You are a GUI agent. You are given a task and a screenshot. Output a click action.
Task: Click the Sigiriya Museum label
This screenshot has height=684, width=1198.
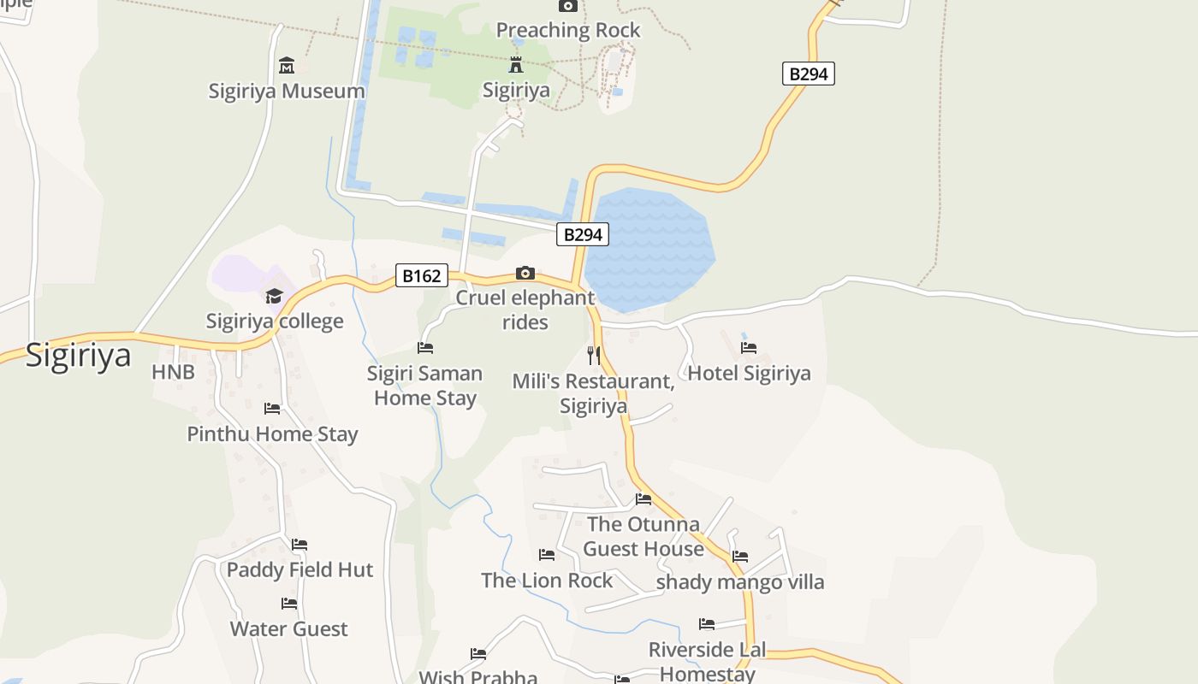click(286, 91)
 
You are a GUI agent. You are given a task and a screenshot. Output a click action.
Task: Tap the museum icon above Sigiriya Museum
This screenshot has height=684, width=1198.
click(286, 65)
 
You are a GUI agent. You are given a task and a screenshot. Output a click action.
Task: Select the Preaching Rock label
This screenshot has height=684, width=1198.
click(568, 31)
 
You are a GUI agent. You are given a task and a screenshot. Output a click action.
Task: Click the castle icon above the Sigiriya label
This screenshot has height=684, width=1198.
click(516, 64)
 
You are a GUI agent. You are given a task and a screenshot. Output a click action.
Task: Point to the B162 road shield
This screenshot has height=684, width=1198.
click(422, 275)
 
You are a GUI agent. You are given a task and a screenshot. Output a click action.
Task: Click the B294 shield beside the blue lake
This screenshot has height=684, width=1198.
click(583, 234)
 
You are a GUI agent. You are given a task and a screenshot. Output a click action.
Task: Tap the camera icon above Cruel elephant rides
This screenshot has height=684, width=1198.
click(525, 274)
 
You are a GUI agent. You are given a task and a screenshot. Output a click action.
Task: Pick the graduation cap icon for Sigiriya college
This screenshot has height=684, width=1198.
click(274, 296)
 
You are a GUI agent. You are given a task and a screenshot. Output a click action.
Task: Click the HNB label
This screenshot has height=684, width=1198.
click(173, 372)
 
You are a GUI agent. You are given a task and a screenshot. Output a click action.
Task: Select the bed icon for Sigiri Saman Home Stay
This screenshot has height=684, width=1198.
click(425, 347)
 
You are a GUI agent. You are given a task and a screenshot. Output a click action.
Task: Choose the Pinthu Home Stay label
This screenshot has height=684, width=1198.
click(272, 433)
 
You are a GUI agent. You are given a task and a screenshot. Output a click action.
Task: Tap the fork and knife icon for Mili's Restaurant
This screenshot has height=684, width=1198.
click(594, 355)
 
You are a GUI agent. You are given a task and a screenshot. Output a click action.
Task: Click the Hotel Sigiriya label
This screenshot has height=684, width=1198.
click(749, 374)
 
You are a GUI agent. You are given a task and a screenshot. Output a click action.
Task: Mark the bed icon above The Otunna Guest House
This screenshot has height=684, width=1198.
click(643, 498)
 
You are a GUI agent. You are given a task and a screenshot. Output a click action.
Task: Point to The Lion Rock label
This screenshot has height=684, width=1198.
click(547, 581)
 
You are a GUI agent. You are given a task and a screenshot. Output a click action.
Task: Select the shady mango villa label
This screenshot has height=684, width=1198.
click(740, 582)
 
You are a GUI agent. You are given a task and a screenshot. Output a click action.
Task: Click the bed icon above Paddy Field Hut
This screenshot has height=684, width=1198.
click(299, 544)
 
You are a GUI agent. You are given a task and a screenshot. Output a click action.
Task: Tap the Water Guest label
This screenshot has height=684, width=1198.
click(289, 629)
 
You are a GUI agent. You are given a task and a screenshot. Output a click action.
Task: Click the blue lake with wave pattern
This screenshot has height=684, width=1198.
click(650, 248)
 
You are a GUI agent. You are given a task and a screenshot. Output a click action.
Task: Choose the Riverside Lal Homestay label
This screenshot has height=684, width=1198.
click(707, 661)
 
